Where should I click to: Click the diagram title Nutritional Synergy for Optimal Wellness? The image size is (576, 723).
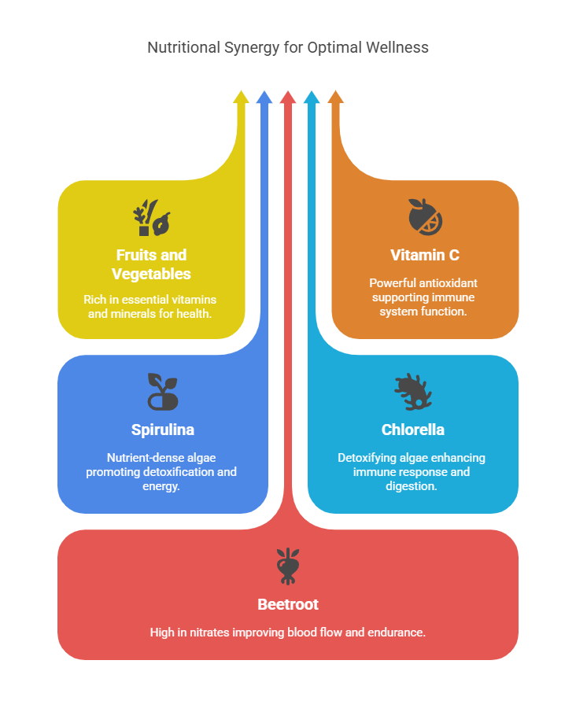[288, 47]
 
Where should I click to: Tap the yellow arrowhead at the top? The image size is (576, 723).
[241, 97]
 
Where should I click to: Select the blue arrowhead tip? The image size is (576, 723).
[264, 97]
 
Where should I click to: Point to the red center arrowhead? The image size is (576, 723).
[288, 97]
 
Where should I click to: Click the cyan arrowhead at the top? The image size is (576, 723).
[312, 97]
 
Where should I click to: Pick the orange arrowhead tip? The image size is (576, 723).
[335, 97]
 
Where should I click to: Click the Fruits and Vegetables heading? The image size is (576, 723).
[151, 264]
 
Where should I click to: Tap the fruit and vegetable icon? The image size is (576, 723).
[151, 218]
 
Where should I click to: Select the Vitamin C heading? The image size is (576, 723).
[425, 255]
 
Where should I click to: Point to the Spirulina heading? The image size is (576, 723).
[163, 430]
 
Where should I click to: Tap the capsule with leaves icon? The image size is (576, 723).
[163, 391]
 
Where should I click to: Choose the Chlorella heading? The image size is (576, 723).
[413, 430]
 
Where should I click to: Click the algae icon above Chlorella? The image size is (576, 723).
[413, 391]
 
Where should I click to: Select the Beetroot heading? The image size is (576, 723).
[288, 604]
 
